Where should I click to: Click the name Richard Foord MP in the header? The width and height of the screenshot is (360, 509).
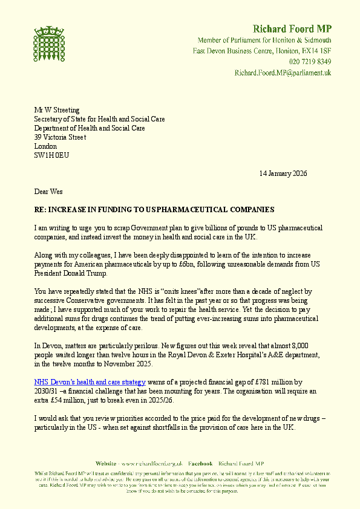[292, 29]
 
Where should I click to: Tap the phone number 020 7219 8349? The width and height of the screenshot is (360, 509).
[310, 62]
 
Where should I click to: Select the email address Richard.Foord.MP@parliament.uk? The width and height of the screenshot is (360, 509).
[283, 73]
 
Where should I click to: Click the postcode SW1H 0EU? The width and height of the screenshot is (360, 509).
[47, 155]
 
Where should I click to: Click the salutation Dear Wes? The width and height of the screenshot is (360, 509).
[48, 192]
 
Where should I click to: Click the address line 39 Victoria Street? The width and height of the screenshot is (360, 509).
[60, 137]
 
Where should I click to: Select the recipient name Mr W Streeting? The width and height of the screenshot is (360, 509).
[57, 110]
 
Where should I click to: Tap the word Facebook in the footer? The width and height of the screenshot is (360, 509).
[200, 462]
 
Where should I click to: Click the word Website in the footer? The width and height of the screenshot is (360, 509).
[105, 462]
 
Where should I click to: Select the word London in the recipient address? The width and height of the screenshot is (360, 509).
[45, 146]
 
